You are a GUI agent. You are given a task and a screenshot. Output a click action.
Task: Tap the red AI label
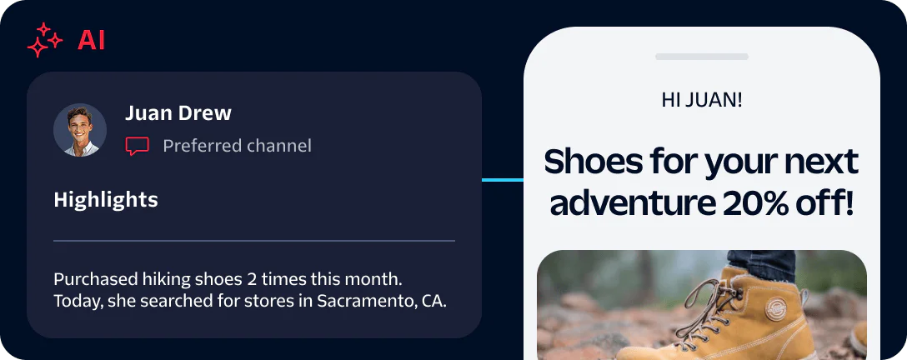pos(92,41)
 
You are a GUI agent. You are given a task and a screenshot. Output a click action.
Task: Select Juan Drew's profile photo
pos(80,130)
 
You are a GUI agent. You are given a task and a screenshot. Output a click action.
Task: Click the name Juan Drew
pos(178,113)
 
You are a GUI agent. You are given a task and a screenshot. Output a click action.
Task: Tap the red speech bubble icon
pos(137,146)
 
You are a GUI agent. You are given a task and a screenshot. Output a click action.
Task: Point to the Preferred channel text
pos(237,146)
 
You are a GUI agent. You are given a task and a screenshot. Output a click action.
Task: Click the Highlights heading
pos(106,200)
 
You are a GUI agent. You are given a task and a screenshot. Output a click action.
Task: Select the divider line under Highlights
pos(254,240)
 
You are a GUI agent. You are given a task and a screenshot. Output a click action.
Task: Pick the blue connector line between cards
pos(503,180)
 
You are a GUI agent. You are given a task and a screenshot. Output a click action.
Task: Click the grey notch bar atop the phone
pos(702,57)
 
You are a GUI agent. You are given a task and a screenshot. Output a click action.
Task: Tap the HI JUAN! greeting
pos(702,100)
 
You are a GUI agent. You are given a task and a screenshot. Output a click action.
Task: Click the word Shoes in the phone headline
pos(593,162)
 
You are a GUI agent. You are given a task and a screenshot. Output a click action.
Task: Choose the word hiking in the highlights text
pos(163,280)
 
